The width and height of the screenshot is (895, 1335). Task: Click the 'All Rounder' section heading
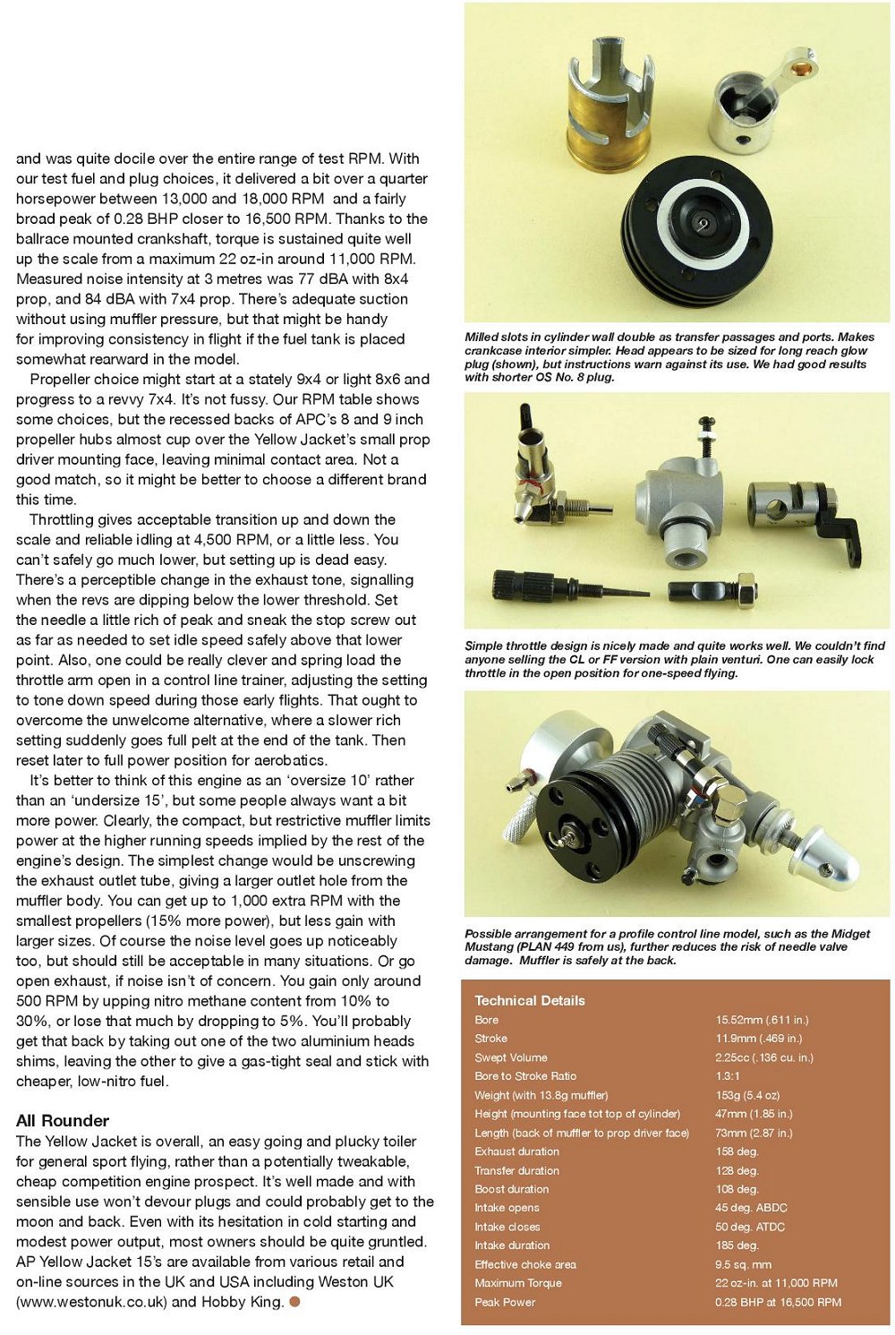[x=63, y=1120]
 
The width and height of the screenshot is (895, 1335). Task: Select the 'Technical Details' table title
[x=530, y=1000]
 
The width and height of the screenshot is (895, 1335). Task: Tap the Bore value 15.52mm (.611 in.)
[x=762, y=1020]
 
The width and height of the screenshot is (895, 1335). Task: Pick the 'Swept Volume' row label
[x=511, y=1057]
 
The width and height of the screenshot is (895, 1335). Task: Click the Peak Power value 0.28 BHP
[x=778, y=1302]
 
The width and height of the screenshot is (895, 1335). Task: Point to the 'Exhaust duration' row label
[x=517, y=1151]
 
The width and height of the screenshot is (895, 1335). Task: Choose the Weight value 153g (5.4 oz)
[x=747, y=1095]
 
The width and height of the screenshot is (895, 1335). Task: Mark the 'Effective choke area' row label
[x=525, y=1264]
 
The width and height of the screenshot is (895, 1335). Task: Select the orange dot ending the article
[x=294, y=1301]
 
